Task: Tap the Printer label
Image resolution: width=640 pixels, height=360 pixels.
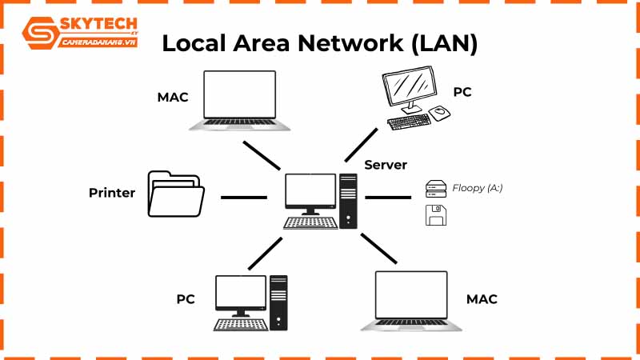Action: (112, 193)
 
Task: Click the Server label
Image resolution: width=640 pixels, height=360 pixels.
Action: (386, 165)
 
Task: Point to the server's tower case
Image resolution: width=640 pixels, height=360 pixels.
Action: (348, 200)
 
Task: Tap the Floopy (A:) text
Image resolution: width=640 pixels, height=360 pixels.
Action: (478, 188)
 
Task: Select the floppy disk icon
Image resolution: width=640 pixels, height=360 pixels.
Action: (436, 215)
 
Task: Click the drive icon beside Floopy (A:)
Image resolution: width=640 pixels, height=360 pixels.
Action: (434, 189)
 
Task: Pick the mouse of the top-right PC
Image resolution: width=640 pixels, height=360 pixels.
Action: (440, 113)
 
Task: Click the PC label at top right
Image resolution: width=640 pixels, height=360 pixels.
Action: (462, 92)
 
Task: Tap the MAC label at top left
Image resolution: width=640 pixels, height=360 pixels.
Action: (173, 98)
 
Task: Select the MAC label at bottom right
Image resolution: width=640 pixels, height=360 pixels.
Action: (482, 299)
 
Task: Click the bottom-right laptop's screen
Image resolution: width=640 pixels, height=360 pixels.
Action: (411, 296)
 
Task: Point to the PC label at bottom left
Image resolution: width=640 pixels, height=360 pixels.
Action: (186, 299)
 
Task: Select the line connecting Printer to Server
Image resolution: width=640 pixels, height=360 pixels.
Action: (243, 196)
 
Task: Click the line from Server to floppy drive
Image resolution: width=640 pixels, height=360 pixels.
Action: (388, 196)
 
